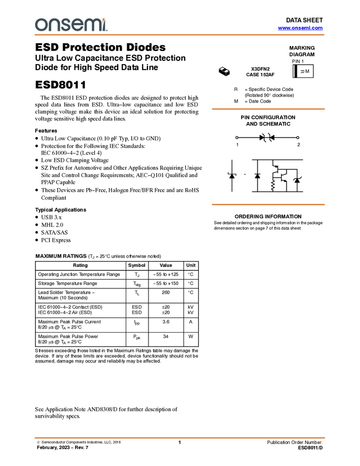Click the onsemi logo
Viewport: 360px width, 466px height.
tap(71, 25)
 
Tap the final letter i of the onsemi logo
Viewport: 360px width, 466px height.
tap(104, 26)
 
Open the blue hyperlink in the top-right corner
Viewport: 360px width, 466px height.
tap(300, 28)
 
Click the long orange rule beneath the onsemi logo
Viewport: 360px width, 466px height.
tap(180, 35)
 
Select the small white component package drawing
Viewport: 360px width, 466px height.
tap(224, 70)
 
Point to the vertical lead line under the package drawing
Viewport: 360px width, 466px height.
tap(226, 75)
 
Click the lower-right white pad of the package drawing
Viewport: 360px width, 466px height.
tap(227, 71)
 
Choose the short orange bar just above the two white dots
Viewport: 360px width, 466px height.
tap(268, 109)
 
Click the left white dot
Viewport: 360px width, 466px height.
tap(237, 138)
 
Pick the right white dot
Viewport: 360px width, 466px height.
tap(298, 138)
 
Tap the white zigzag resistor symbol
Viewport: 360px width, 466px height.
tap(273, 185)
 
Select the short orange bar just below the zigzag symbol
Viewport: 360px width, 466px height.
tap(268, 204)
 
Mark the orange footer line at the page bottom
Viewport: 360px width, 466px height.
tap(180, 438)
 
